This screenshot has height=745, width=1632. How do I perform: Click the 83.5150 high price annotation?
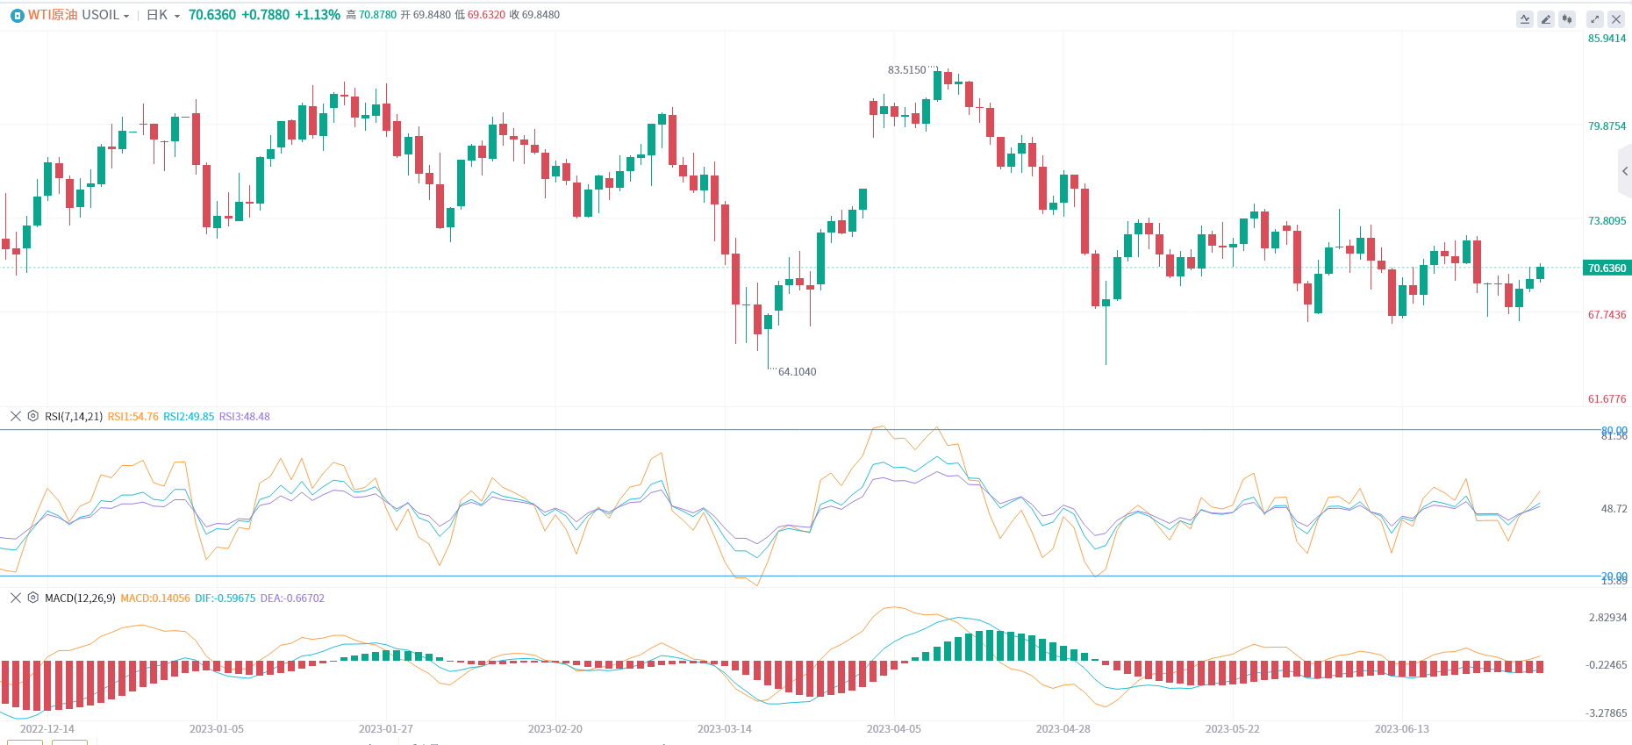(x=906, y=70)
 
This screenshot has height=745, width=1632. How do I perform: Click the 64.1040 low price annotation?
(x=797, y=372)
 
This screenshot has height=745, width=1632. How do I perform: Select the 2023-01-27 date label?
(x=385, y=729)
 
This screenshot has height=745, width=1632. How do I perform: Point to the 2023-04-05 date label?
(x=893, y=729)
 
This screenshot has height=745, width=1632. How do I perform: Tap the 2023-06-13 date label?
(x=1401, y=729)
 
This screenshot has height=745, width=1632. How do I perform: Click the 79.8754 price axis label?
(x=1607, y=126)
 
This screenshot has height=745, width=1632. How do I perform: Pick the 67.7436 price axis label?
(x=1607, y=315)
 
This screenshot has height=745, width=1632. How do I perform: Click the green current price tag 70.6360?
(x=1607, y=269)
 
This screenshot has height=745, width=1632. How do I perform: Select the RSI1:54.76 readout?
(x=132, y=417)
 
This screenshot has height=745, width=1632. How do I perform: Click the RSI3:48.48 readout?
(x=244, y=417)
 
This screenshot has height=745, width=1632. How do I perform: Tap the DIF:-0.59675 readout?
(x=225, y=598)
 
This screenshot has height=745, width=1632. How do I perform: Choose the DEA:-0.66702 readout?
(x=292, y=598)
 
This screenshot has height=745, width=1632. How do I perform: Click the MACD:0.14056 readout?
(x=154, y=598)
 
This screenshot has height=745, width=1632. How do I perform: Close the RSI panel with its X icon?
(x=16, y=416)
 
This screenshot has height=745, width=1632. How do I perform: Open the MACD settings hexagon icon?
(x=33, y=598)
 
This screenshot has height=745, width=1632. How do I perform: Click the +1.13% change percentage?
(x=318, y=15)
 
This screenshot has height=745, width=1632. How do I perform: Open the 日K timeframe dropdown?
(x=163, y=15)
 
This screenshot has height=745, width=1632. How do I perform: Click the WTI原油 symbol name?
(x=53, y=15)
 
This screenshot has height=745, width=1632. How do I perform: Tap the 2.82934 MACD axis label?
(x=1607, y=618)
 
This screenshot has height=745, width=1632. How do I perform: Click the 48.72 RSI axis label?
(x=1614, y=509)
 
